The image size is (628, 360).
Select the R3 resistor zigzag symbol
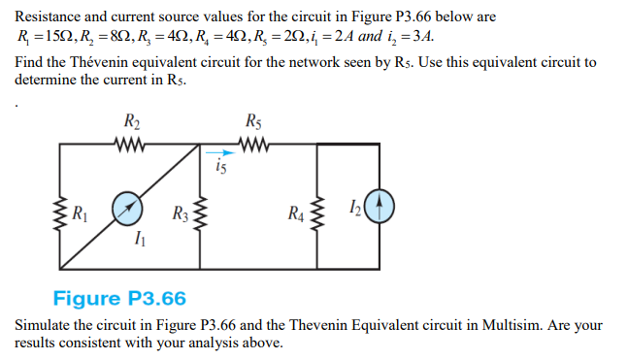tap(200, 213)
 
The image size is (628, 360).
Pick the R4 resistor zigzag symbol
tap(316, 213)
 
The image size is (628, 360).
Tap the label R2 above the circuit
tap(132, 122)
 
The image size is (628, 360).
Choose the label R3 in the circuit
tap(180, 213)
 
